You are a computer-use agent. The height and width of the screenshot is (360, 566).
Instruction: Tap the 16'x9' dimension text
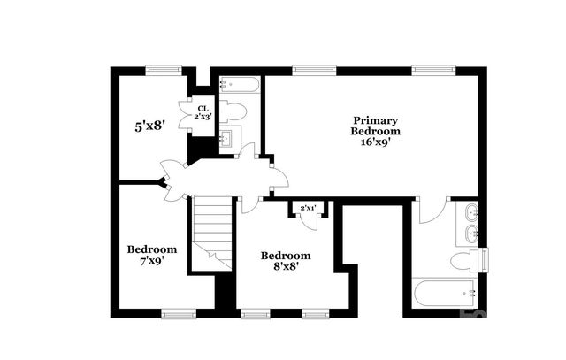376,140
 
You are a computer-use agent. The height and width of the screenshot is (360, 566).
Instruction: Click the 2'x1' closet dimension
309,208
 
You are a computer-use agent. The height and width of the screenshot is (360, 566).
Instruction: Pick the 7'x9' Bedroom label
151,255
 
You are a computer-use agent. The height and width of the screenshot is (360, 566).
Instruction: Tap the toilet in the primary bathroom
462,262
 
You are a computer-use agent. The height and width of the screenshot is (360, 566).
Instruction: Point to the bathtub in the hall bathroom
239,86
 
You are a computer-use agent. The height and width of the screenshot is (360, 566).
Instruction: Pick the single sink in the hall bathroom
226,139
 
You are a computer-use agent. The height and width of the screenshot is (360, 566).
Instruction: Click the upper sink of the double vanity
471,212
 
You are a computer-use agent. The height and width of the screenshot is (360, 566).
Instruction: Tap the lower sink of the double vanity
471,234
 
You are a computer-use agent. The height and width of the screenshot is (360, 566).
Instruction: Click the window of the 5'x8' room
164,69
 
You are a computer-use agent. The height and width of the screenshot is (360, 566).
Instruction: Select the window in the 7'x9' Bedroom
179,312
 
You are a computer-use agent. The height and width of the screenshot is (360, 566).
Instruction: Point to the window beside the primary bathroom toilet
483,261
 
